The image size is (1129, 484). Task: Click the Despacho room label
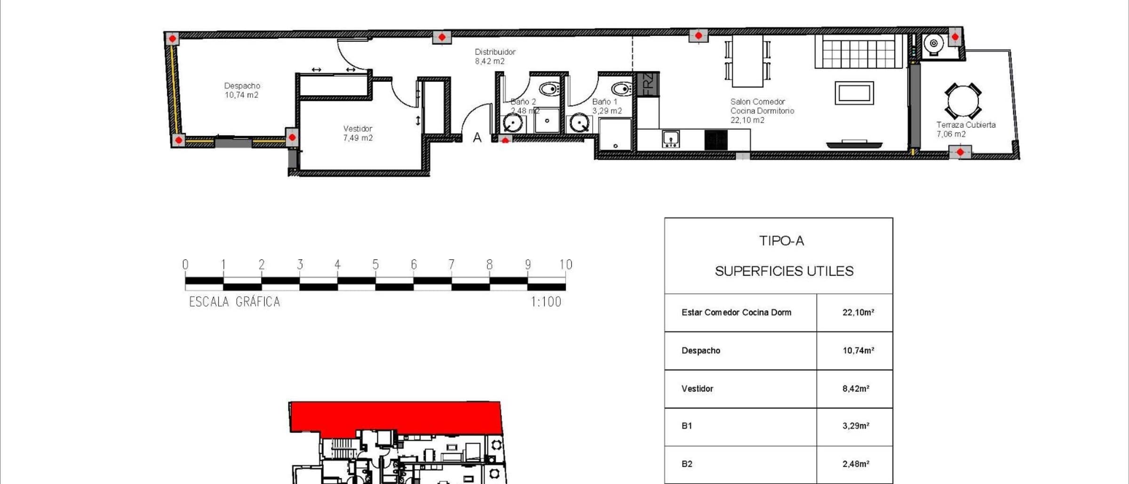click(242, 86)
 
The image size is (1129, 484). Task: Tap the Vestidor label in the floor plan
click(358, 128)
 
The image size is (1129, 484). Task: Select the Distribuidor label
click(495, 52)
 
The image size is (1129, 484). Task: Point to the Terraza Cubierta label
click(966, 125)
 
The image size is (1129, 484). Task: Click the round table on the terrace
click(963, 101)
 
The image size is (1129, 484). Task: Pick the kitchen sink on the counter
click(670, 139)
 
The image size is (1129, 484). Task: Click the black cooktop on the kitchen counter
click(716, 140)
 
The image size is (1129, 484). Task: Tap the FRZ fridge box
click(648, 85)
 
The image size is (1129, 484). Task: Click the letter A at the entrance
click(477, 137)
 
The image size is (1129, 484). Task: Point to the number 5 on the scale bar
click(375, 264)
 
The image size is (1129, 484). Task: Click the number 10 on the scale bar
click(566, 264)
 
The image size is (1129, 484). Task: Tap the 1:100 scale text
click(546, 302)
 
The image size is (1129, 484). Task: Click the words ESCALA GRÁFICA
click(234, 302)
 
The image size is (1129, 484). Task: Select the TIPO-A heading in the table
click(781, 241)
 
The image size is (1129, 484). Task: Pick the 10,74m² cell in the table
click(858, 350)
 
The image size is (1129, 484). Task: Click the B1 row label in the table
click(687, 426)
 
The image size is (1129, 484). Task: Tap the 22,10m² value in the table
click(858, 312)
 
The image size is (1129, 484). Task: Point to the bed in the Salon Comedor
click(859, 51)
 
